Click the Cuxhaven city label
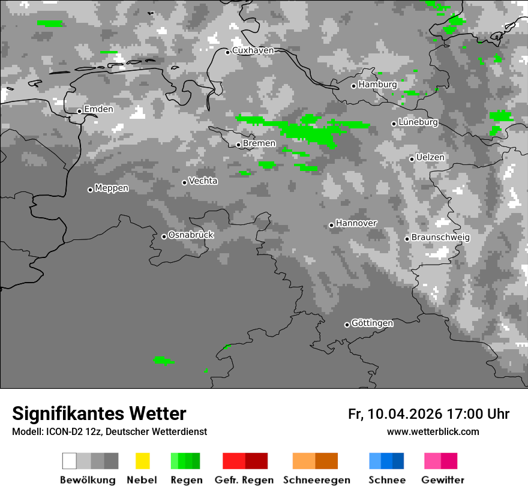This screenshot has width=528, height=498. coord(253,50)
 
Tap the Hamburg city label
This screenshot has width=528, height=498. coord(377,85)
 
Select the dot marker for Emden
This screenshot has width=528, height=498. coord(79,111)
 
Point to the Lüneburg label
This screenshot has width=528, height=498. coord(418,122)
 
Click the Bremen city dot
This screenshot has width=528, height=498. coord(238,145)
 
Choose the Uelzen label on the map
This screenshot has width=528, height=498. coord(430,157)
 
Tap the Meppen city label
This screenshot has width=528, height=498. coord(112,188)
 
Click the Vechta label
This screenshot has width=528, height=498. coord(203,181)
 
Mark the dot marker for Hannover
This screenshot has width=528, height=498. coord(331,225)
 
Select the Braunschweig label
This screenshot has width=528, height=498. coord(440,237)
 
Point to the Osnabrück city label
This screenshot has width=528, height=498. coord(191,235)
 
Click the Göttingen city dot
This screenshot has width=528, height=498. coord(347,325)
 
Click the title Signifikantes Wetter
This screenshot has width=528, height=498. coord(99,414)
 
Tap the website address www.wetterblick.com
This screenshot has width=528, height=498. coord(433,431)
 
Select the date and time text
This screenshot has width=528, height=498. coord(428,414)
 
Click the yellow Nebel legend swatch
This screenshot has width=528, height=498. coord(142,461)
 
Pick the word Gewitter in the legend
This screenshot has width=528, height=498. coord(443,480)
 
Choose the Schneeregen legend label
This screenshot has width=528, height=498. coord(316,480)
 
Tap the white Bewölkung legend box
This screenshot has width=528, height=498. coord(70,461)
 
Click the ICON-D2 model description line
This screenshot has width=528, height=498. coord(109,431)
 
